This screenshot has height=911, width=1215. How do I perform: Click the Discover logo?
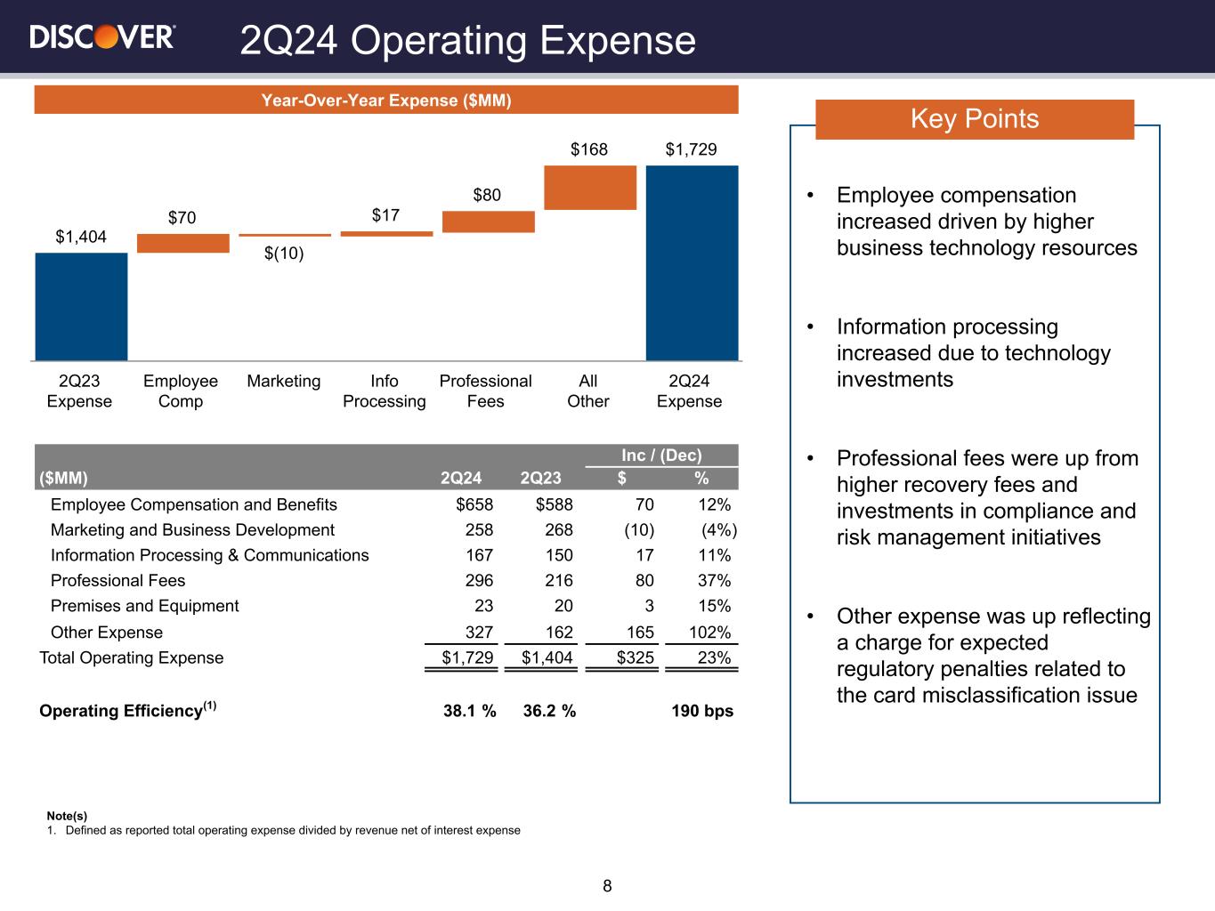click(102, 36)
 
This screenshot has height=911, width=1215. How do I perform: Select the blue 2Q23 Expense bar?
click(81, 306)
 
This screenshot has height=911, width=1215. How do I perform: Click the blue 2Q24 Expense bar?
click(692, 262)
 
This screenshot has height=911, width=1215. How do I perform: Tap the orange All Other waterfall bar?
click(590, 188)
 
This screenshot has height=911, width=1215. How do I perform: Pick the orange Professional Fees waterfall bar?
click(488, 222)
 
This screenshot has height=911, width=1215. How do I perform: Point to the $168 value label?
click(589, 149)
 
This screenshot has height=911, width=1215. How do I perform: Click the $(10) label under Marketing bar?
click(284, 254)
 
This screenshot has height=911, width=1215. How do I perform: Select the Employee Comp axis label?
click(181, 391)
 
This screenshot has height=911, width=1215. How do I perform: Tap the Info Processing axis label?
click(385, 391)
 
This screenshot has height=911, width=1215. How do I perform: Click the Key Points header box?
click(975, 119)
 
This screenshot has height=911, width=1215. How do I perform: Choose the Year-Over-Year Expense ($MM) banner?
click(386, 101)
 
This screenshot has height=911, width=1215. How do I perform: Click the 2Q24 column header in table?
click(461, 478)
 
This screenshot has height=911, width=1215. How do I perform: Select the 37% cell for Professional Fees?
click(713, 581)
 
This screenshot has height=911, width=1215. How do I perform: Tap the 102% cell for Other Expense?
click(710, 633)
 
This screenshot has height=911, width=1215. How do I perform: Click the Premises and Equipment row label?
click(144, 606)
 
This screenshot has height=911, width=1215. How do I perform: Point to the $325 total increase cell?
click(636, 658)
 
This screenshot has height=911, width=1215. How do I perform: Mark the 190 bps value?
click(702, 711)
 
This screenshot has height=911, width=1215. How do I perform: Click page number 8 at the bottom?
click(607, 886)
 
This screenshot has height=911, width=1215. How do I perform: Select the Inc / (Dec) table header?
click(661, 455)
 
